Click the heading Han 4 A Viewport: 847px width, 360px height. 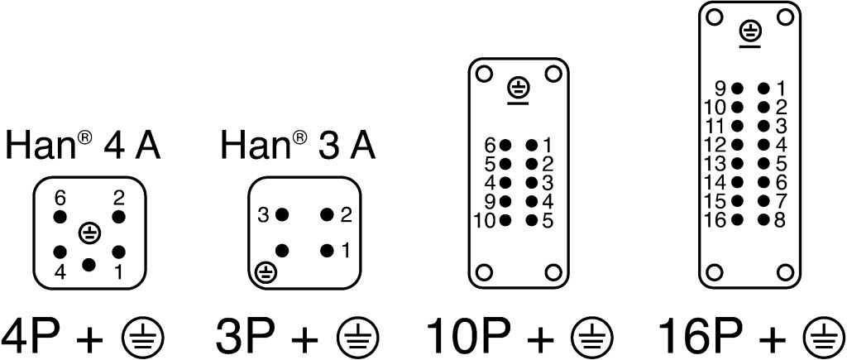83,146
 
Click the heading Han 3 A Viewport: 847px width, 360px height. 298,146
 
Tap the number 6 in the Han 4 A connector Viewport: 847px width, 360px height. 59,199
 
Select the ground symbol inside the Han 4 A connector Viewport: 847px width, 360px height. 89,233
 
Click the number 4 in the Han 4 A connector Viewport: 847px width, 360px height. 59,271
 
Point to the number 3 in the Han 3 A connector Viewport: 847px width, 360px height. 263,215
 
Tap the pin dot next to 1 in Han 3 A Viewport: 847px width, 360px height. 328,249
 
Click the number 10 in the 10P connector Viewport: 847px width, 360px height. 483,220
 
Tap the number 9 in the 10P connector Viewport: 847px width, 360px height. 490,201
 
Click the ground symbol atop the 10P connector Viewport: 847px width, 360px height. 519,88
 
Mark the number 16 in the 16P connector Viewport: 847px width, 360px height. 715,220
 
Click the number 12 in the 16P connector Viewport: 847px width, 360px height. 715,145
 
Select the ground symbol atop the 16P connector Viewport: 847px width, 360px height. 750,32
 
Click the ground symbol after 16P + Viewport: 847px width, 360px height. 824,337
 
